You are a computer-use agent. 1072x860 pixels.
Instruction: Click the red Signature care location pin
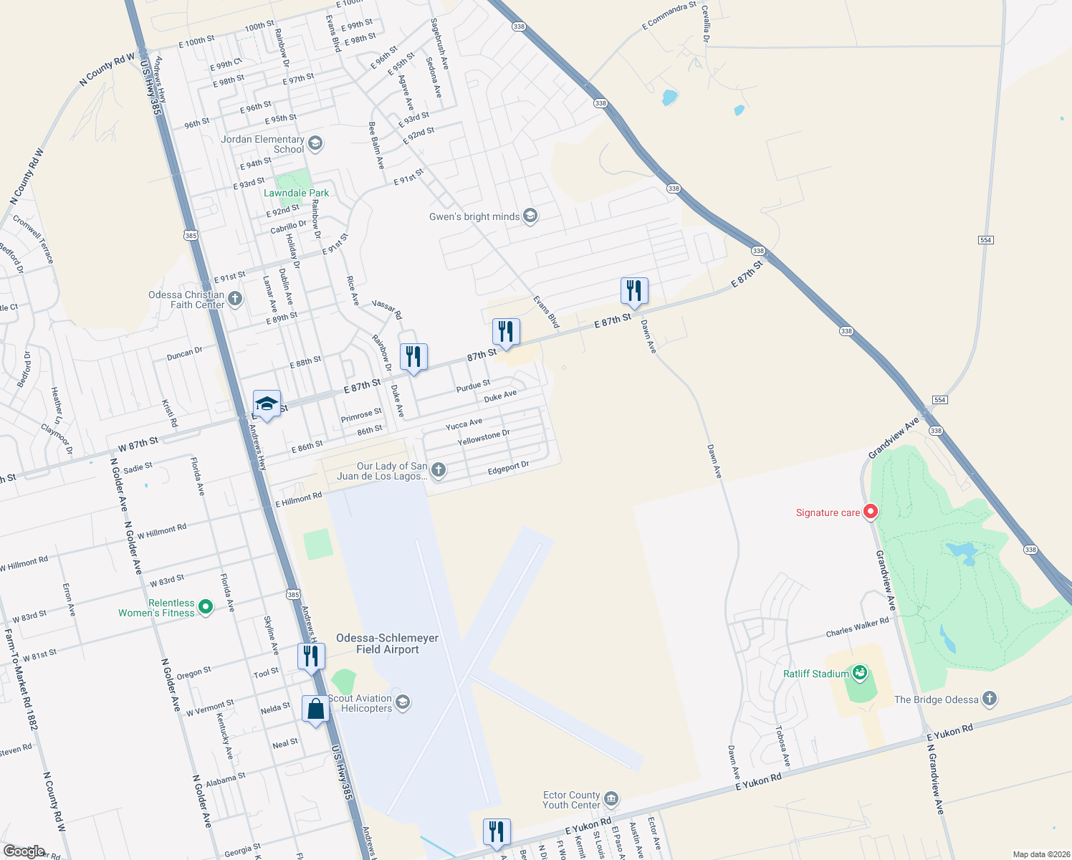(x=871, y=512)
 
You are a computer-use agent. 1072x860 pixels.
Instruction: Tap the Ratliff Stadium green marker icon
(x=861, y=673)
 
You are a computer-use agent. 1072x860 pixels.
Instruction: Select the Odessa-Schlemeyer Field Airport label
(x=387, y=644)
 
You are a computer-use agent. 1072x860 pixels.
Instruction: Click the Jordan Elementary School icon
(x=315, y=144)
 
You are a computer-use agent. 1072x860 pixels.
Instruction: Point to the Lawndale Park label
(x=296, y=193)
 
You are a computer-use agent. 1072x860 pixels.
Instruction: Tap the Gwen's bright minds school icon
(x=530, y=216)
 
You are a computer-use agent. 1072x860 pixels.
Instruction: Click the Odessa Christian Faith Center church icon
(x=235, y=299)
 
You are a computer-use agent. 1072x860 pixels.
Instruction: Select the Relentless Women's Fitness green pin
(x=206, y=607)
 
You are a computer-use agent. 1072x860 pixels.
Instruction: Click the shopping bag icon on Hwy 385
(x=315, y=709)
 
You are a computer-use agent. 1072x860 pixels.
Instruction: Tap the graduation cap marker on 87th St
(x=267, y=404)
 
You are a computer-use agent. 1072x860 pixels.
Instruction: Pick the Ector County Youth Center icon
(x=611, y=799)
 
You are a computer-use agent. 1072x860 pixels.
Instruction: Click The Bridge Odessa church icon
(x=990, y=699)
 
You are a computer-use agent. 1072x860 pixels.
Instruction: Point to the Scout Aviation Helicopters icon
(x=403, y=702)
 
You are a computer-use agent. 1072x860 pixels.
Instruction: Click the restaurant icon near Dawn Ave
(x=633, y=291)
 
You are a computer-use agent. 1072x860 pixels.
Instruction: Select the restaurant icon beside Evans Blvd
(x=506, y=332)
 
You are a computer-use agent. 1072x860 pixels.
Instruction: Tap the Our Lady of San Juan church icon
(x=439, y=470)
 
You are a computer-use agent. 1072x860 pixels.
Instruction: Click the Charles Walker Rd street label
(x=857, y=626)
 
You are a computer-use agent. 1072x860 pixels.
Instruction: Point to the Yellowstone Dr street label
(x=484, y=437)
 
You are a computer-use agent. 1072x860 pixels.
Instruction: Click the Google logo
(x=24, y=851)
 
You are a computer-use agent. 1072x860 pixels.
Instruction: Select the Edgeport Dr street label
(x=508, y=468)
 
